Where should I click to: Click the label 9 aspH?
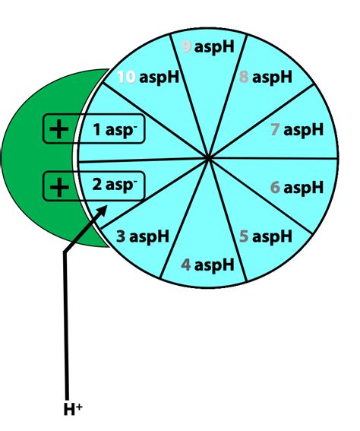point(207,47)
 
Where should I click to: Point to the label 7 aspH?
point(297,130)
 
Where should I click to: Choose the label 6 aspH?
point(297,187)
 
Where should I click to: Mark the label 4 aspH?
point(207,265)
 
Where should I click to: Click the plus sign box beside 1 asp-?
point(57,129)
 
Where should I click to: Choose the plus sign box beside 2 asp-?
point(57,185)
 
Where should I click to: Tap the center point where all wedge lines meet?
point(208,158)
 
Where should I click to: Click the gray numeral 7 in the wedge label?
point(276,130)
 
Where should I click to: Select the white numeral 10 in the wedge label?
point(126,77)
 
